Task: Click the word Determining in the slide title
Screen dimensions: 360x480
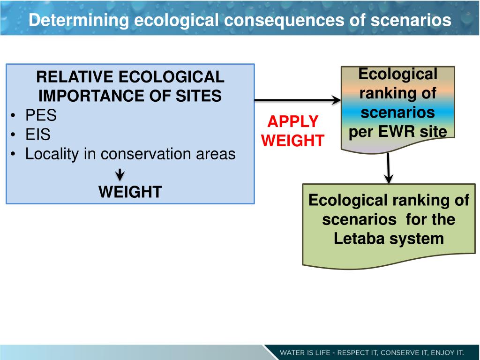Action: (78, 20)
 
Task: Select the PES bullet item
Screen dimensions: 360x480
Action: (41, 115)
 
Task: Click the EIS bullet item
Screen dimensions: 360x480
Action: (38, 135)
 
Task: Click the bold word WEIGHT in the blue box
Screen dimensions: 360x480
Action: (130, 192)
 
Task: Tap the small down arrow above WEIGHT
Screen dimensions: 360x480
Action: (120, 175)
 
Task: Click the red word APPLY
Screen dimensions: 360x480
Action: (292, 122)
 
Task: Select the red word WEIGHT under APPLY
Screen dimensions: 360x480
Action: (292, 141)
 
